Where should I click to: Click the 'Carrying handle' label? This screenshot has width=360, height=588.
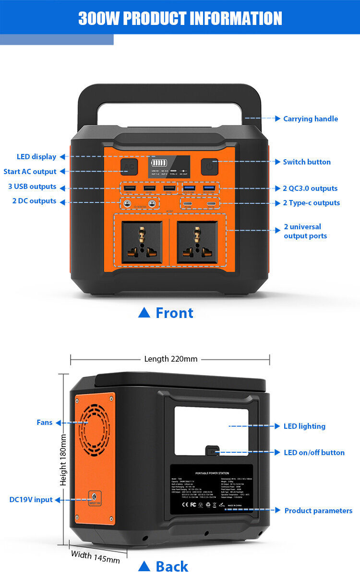tap(310, 119)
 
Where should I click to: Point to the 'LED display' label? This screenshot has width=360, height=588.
tap(36, 157)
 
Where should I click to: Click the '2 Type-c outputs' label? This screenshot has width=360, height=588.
tap(311, 203)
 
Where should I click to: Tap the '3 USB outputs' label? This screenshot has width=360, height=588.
tap(32, 187)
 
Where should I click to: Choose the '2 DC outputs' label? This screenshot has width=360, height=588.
tap(34, 201)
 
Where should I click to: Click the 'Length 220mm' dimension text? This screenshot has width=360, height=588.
tap(170, 359)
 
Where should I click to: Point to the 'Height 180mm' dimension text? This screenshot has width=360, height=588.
tap(63, 459)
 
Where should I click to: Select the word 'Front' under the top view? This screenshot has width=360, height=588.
tap(174, 313)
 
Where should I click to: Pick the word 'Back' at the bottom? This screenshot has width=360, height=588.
tap(172, 566)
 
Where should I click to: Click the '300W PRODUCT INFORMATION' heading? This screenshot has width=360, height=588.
tap(180, 18)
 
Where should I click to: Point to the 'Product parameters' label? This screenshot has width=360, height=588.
tap(318, 511)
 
